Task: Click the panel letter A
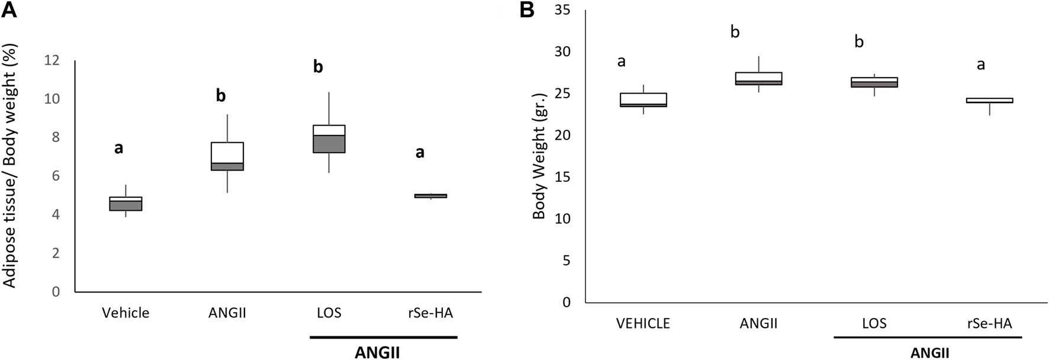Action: click(9, 10)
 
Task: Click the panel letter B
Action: click(527, 10)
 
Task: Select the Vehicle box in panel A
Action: click(126, 204)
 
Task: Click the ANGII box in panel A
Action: click(227, 156)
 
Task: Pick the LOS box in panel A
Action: click(329, 139)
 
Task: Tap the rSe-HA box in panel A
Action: click(430, 195)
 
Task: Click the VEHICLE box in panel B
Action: click(643, 99)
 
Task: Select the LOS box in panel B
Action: click(874, 82)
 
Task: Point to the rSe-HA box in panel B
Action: click(989, 100)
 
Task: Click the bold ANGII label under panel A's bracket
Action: click(377, 353)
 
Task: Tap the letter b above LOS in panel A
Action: click(318, 67)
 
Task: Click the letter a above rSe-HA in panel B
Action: click(981, 64)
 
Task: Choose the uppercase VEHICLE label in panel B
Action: click(643, 323)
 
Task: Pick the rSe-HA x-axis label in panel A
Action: click(430, 313)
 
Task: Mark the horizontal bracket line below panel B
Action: click(928, 337)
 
